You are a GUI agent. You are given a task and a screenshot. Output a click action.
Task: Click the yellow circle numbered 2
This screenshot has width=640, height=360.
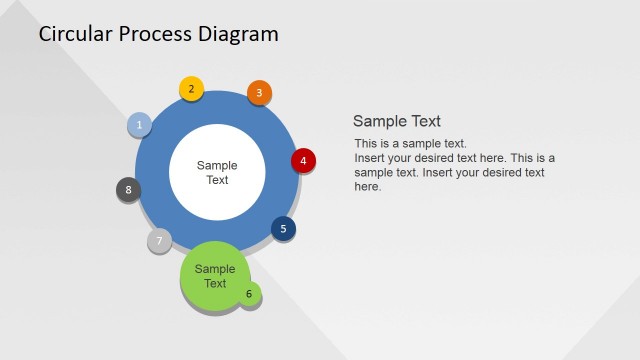[x=191, y=88]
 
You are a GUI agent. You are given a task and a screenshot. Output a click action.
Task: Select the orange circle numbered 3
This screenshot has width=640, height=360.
[x=259, y=93]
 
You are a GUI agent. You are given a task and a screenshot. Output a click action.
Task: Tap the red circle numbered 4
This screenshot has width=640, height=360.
[x=303, y=160]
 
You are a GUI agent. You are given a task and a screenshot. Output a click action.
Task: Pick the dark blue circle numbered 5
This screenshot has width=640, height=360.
[x=283, y=229]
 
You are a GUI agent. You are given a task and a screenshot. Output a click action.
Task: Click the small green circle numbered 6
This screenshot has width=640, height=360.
[x=249, y=294]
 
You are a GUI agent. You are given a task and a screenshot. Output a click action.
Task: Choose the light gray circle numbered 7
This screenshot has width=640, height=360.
[x=159, y=241]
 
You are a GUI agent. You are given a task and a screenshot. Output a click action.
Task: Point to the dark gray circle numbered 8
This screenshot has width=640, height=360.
[x=128, y=189]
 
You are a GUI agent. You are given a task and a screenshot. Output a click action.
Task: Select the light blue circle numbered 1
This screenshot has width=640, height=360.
[x=140, y=125]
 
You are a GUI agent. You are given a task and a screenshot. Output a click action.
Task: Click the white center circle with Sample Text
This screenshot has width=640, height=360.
[x=217, y=172]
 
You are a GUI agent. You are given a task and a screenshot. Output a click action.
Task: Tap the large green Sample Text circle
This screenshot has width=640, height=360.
[x=214, y=276]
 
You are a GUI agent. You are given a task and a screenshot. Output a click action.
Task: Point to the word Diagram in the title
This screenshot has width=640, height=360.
[x=241, y=34]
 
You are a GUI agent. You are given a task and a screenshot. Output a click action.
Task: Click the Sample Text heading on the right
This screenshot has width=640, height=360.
[x=397, y=121]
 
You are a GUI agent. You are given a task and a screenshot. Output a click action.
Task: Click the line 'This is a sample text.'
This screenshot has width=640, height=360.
[x=411, y=144]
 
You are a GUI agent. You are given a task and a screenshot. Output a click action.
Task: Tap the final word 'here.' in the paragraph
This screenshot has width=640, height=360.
[x=368, y=186]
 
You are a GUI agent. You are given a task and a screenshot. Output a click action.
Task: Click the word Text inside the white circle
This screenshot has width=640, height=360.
[x=217, y=180]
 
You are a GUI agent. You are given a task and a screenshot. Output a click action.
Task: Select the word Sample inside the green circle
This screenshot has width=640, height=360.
[x=215, y=269]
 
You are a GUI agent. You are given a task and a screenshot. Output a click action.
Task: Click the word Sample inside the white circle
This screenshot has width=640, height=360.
[x=217, y=165]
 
